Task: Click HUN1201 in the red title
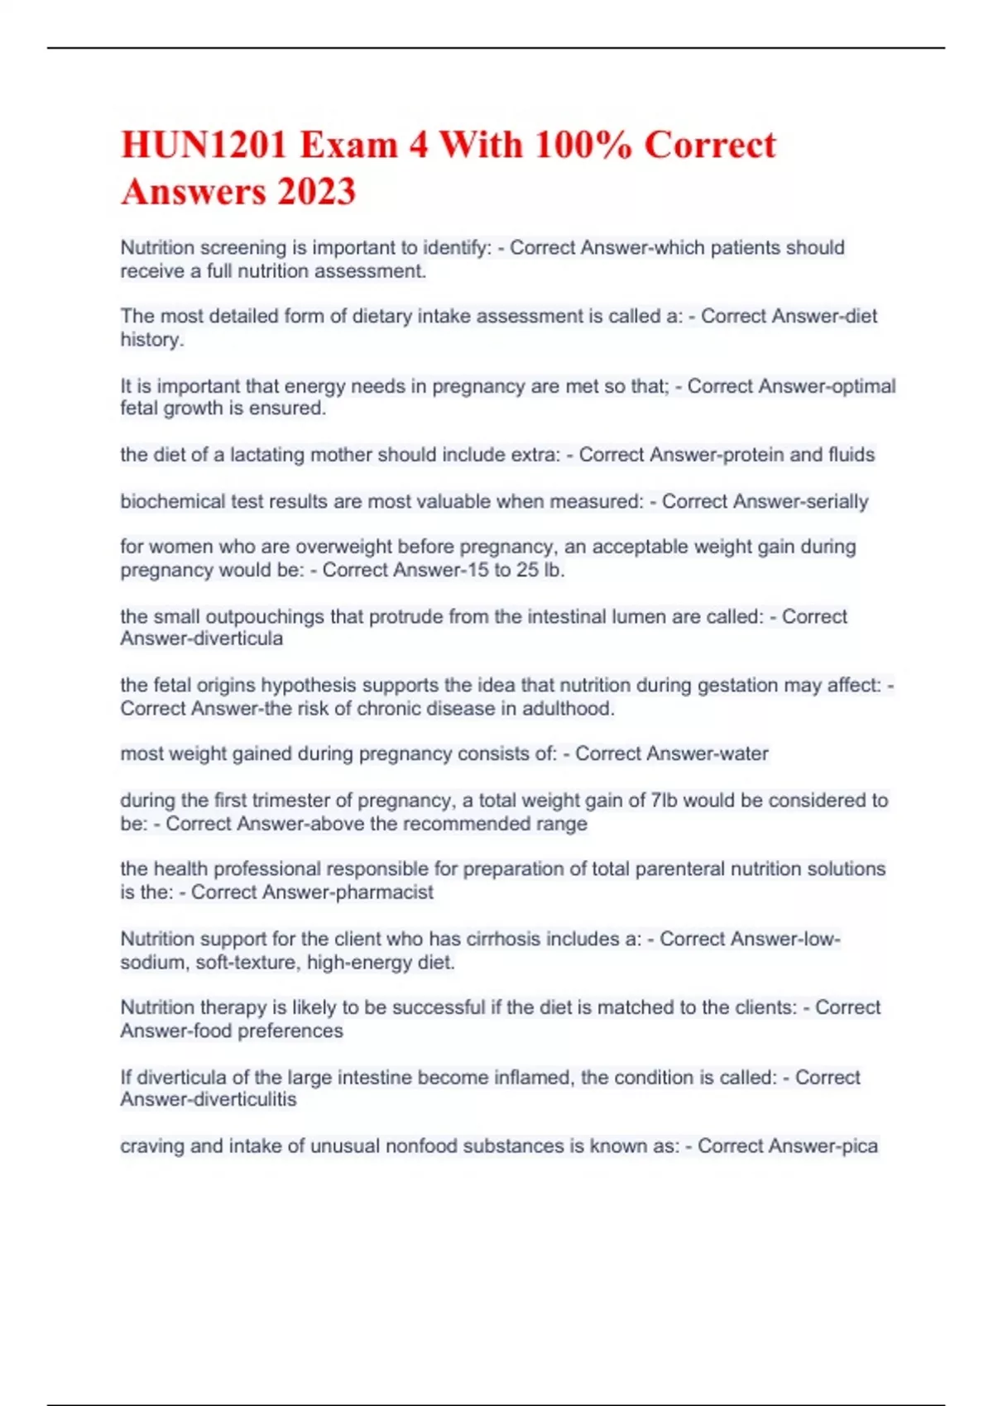pyautogui.click(x=204, y=146)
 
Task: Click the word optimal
pyautogui.click(x=864, y=386)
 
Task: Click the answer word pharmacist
pyautogui.click(x=384, y=892)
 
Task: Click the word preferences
pyautogui.click(x=290, y=1031)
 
